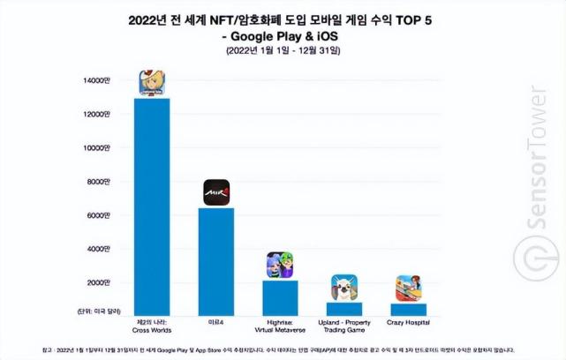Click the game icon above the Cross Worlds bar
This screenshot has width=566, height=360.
[153, 82]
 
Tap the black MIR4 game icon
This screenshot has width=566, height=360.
[216, 192]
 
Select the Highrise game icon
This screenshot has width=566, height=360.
[280, 265]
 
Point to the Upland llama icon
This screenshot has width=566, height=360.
[343, 288]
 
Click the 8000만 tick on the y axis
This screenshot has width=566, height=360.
[99, 182]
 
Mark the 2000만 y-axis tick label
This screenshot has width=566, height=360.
[99, 282]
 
